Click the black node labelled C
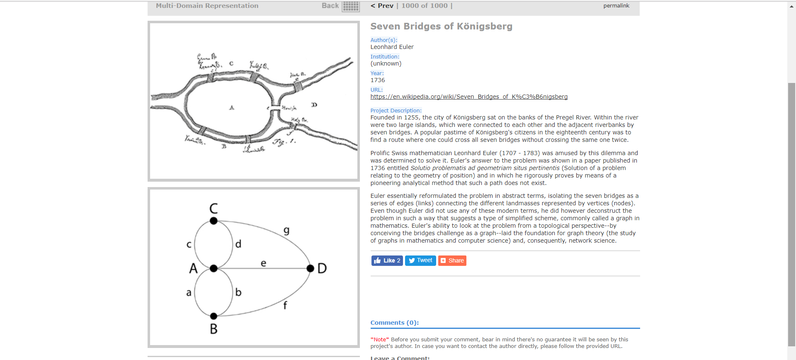(214, 221)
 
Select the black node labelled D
(310, 268)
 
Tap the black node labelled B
(214, 316)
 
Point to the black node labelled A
(214, 268)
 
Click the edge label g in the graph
(286, 231)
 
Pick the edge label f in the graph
(285, 305)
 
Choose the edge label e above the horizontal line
(263, 263)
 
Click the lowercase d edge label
(238, 244)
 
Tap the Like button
(387, 260)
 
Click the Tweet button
(420, 260)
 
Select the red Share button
(452, 260)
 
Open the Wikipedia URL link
(469, 97)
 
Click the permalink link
(616, 6)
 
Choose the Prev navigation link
(382, 6)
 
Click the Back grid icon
(351, 6)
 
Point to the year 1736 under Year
(378, 80)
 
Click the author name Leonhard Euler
(392, 47)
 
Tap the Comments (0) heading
(395, 323)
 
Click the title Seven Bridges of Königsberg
(441, 27)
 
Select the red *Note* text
(380, 339)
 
